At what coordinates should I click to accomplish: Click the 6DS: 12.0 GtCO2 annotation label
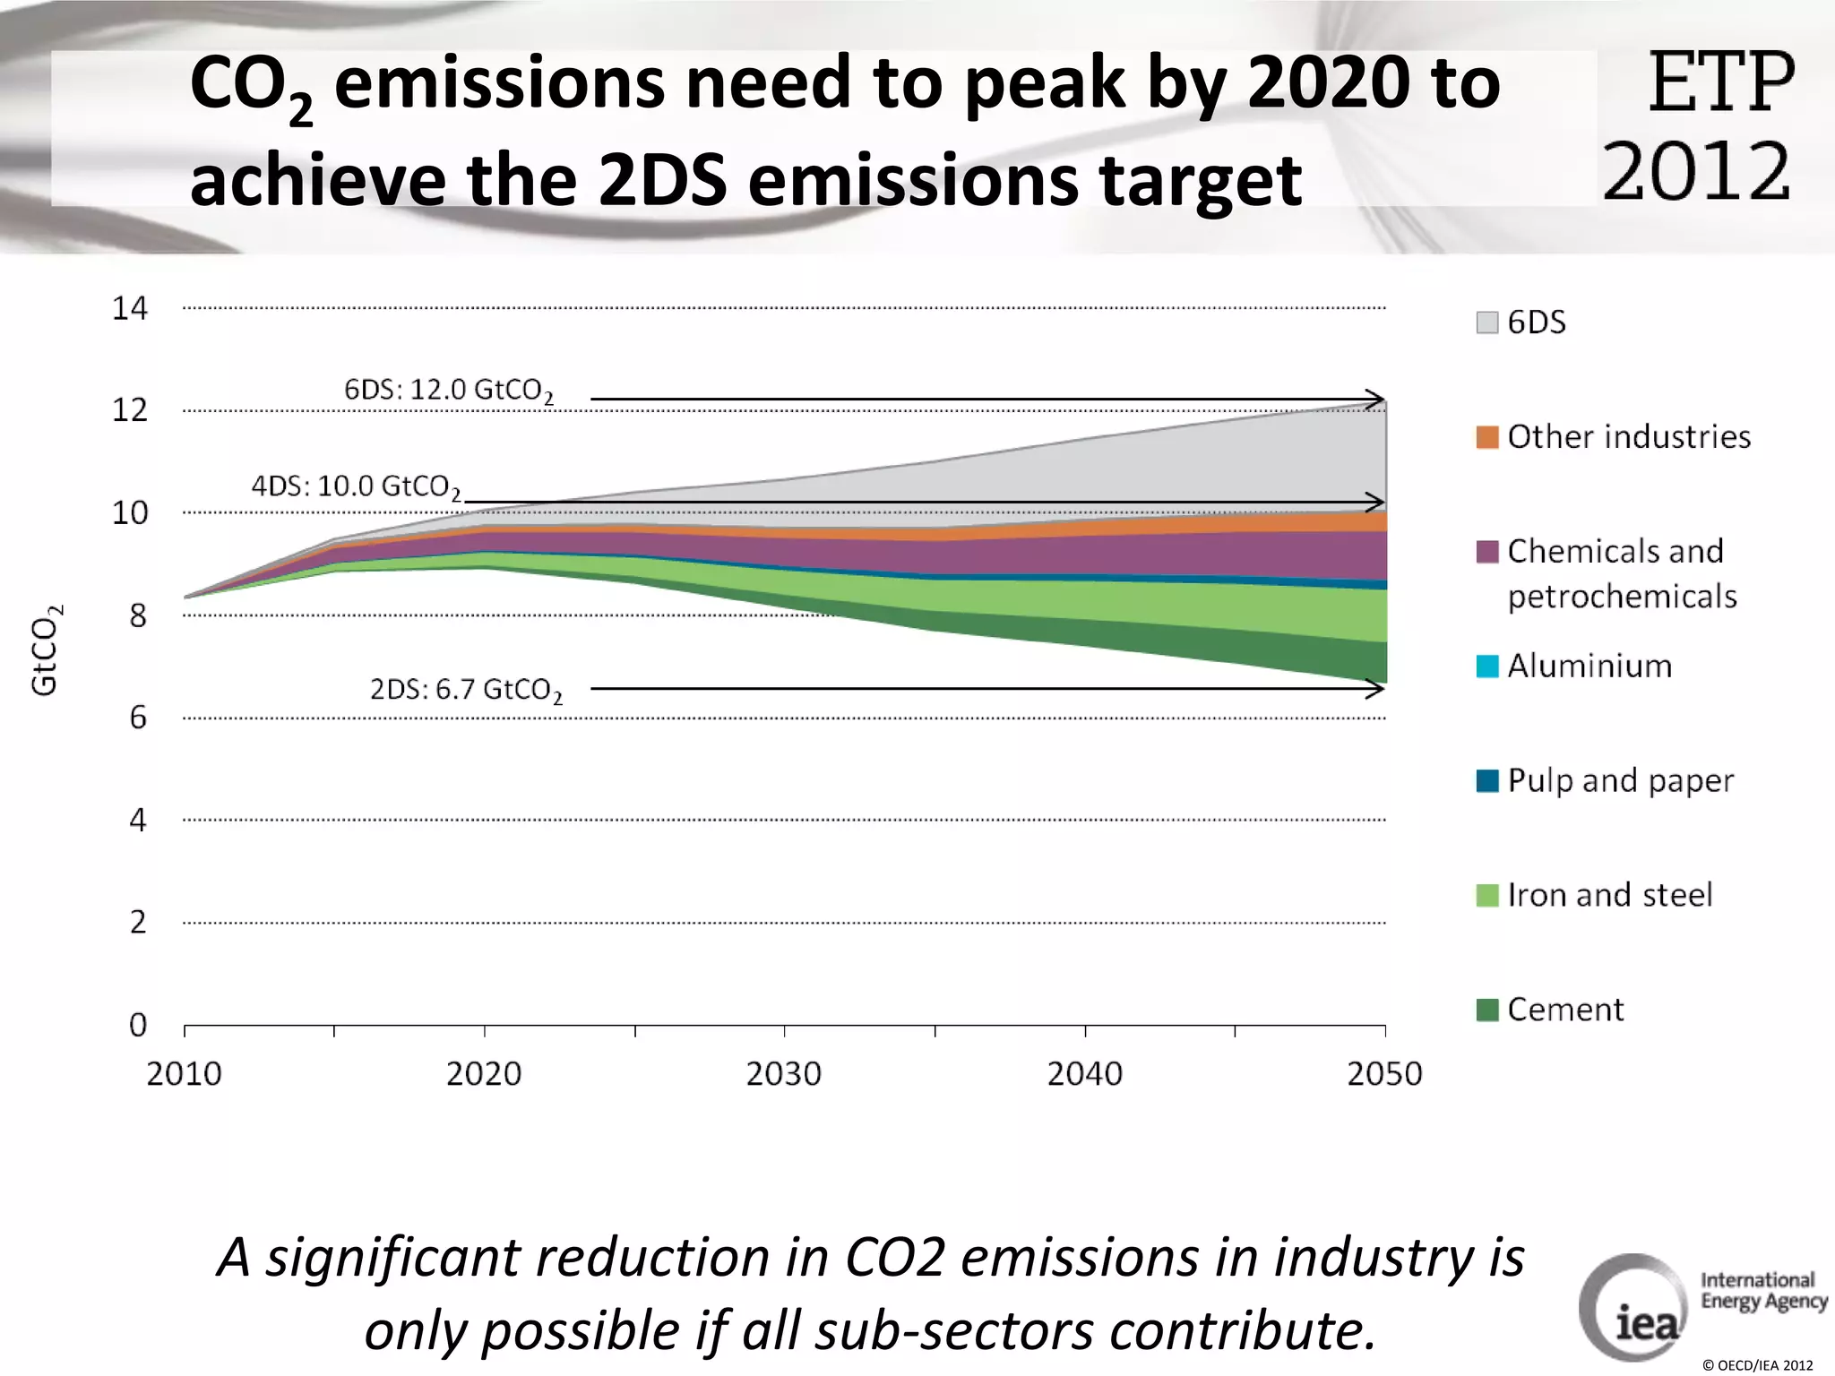[449, 391]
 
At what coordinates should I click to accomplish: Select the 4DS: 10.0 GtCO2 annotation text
[356, 486]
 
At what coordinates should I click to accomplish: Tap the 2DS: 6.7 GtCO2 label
[466, 690]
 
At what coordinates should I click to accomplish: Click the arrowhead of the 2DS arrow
[1376, 689]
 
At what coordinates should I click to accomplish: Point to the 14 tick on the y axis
[129, 309]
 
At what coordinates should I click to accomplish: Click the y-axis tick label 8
[137, 616]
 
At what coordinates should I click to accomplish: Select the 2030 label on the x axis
[783, 1073]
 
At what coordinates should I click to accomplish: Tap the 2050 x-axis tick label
[1384, 1073]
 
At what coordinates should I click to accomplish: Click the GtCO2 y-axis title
[46, 649]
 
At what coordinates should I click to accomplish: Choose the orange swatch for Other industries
[1486, 437]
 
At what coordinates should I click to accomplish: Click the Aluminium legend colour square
[1486, 666]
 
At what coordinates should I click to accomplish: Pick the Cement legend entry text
[1564, 1010]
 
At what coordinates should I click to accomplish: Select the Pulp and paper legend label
[1620, 780]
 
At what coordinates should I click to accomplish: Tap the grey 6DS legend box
[1486, 322]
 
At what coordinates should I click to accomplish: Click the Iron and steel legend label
[1609, 895]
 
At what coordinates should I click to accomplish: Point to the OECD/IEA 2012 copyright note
[1757, 1365]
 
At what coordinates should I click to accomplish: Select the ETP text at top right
[1720, 83]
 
